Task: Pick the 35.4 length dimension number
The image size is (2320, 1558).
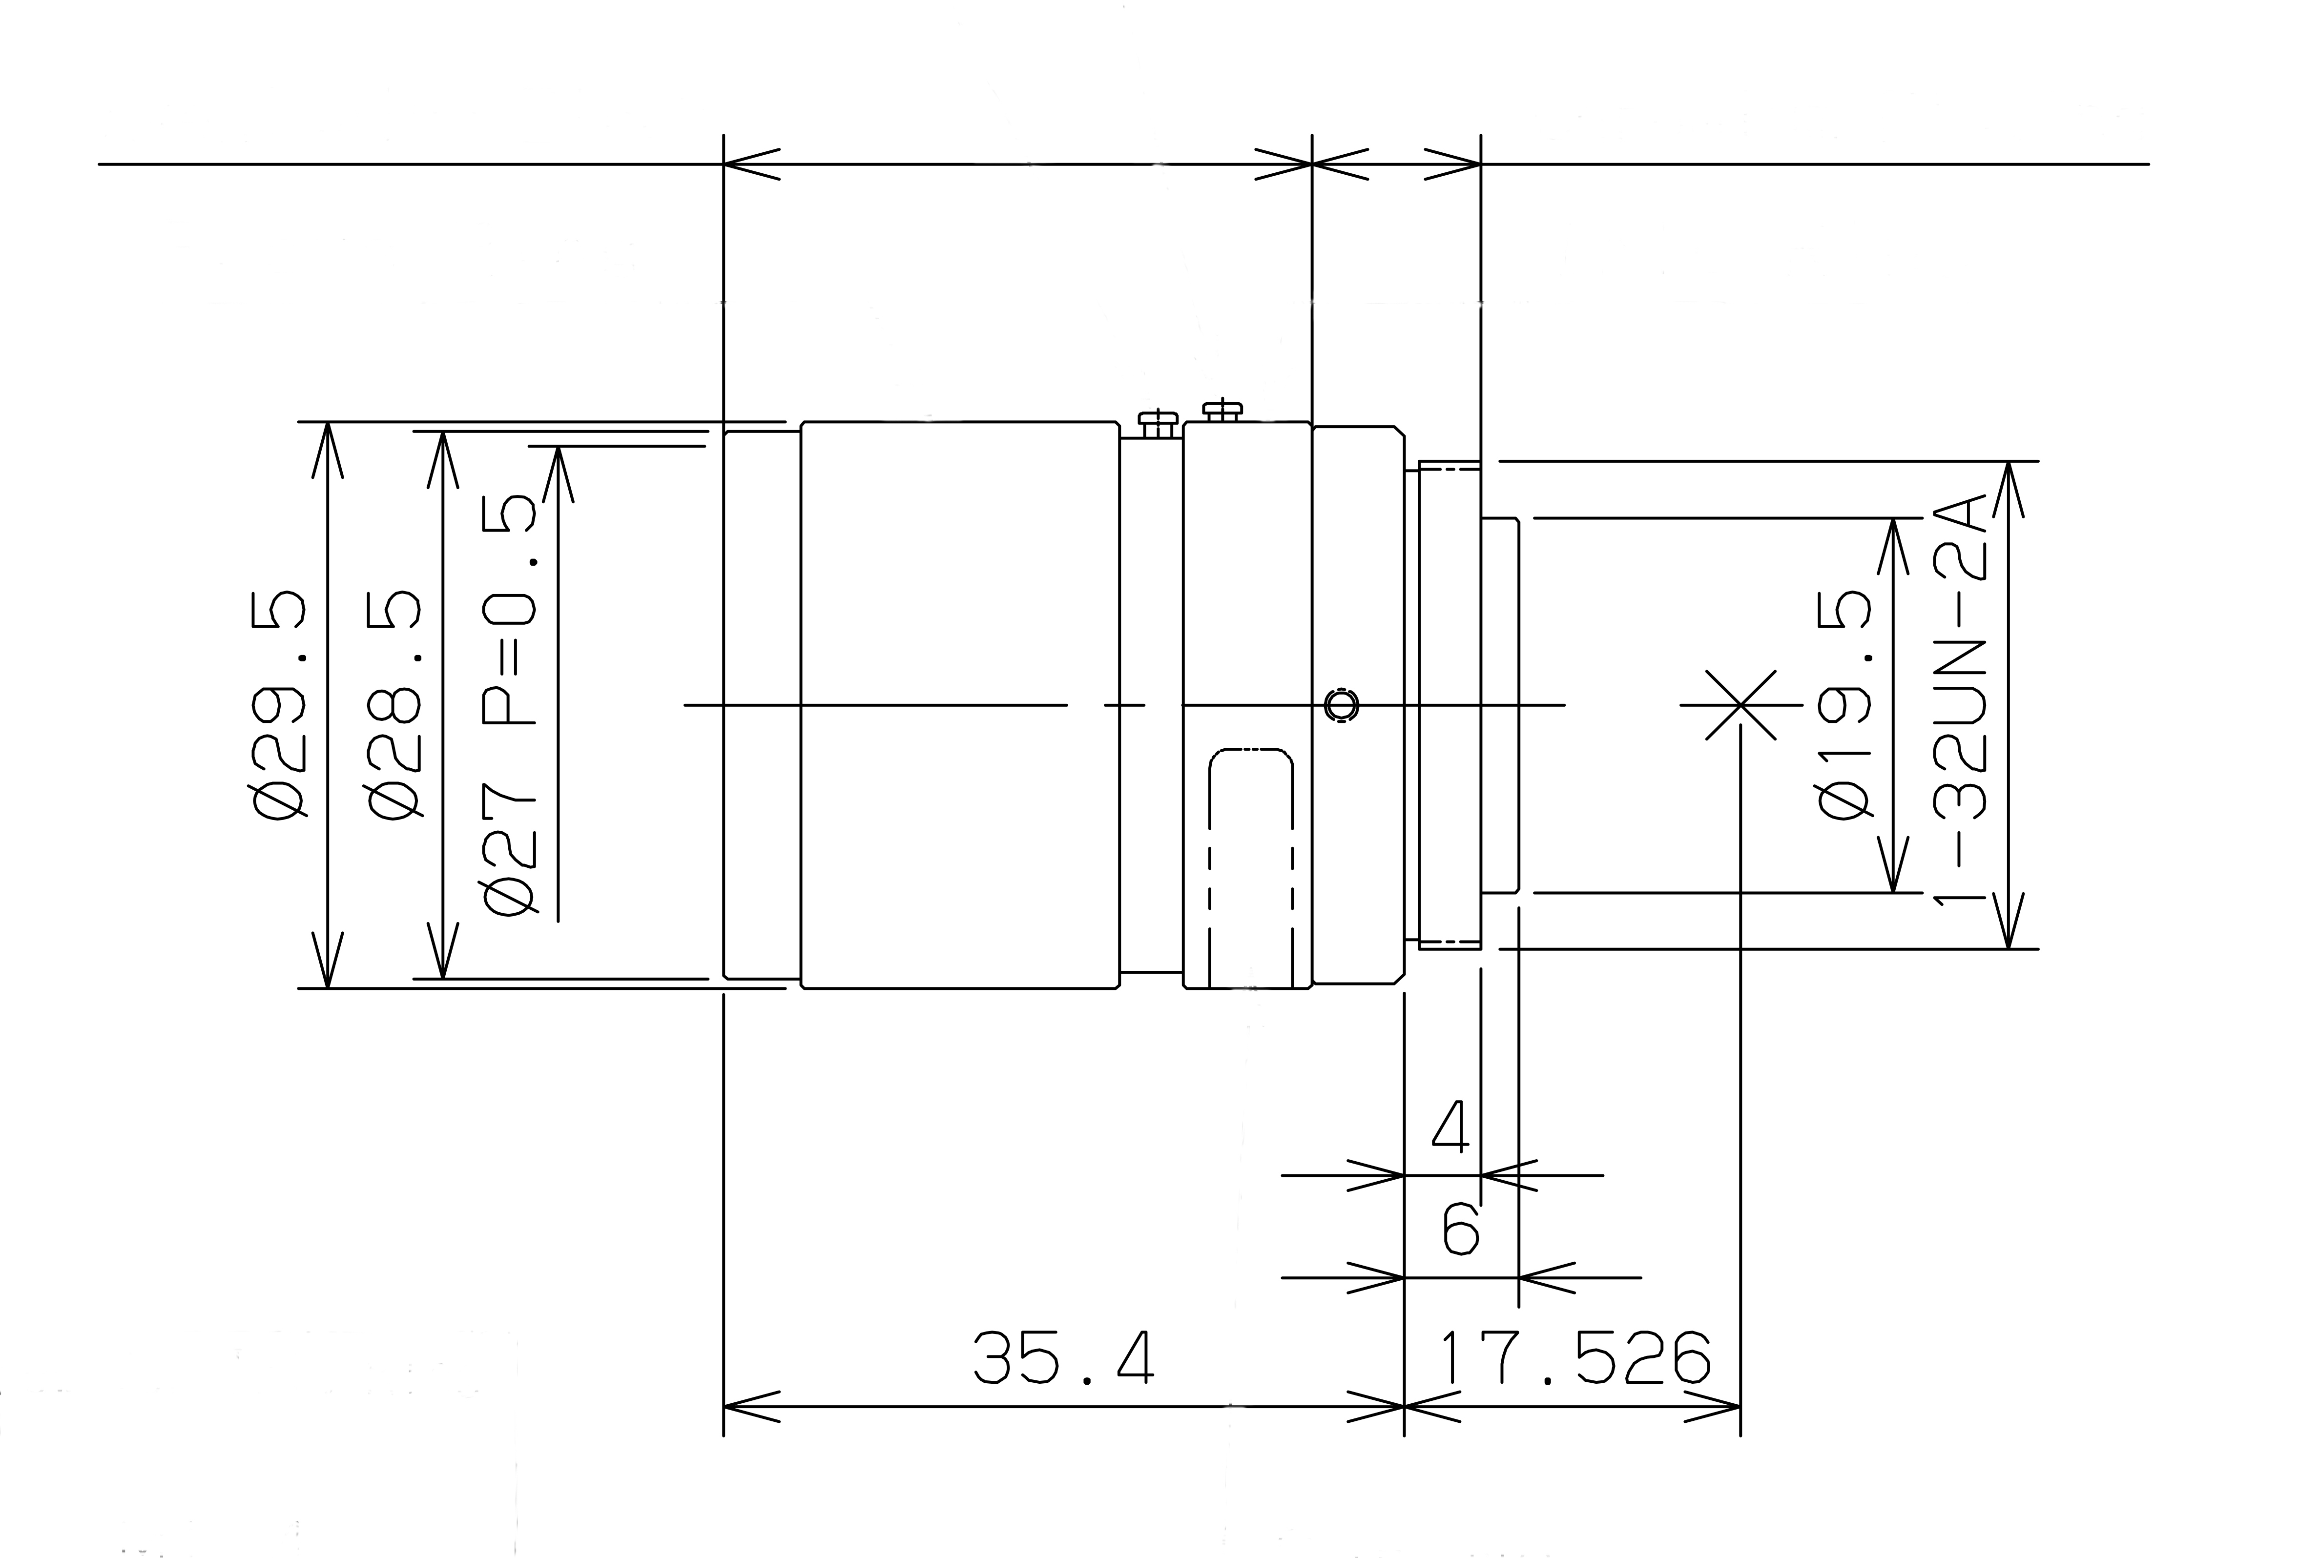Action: point(1064,1358)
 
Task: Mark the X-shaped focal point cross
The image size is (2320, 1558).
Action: point(1741,704)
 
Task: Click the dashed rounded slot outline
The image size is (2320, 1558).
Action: point(1251,867)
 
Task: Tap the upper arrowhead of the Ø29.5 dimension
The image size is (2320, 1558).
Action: point(328,449)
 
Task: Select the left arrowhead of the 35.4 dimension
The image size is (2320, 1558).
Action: point(751,1406)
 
